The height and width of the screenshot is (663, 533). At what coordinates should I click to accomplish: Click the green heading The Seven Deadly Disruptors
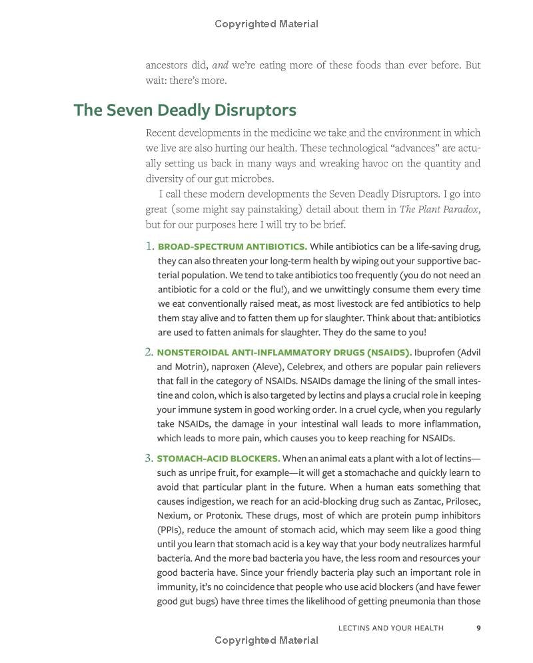coord(185,110)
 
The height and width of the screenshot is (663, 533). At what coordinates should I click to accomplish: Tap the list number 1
coord(149,247)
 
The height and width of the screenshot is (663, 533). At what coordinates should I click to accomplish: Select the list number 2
coord(149,352)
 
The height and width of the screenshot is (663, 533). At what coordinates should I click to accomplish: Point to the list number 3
coord(149,458)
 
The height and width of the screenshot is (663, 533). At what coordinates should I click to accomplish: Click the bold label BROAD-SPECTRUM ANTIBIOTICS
coord(233,247)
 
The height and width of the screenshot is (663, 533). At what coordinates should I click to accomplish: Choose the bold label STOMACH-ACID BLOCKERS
coord(219,459)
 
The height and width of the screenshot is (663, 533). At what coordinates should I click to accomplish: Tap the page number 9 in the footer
coord(478,627)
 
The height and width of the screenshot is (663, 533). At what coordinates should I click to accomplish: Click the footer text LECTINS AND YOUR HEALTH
coord(390,627)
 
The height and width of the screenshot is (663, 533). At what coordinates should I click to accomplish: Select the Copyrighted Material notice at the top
coord(266,24)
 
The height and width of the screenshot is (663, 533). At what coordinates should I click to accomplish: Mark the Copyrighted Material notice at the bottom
coord(266,640)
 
